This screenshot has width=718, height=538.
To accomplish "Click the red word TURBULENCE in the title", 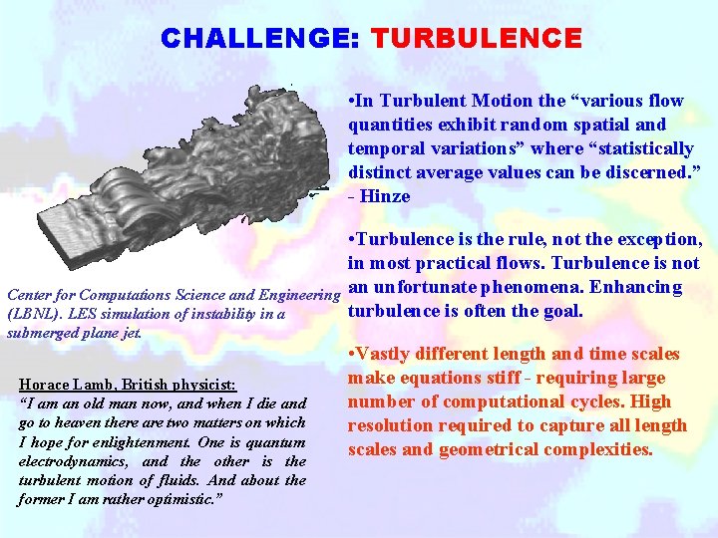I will click(476, 39).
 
